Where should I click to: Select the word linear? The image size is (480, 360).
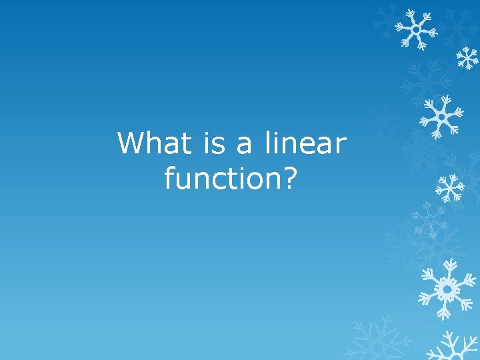click(x=305, y=143)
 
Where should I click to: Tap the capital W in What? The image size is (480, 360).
click(x=131, y=143)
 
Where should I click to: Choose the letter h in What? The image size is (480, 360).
click(x=155, y=143)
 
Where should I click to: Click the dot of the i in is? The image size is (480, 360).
click(x=203, y=133)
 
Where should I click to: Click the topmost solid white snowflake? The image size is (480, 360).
click(x=415, y=29)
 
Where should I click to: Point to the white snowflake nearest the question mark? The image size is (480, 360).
click(x=449, y=189)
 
